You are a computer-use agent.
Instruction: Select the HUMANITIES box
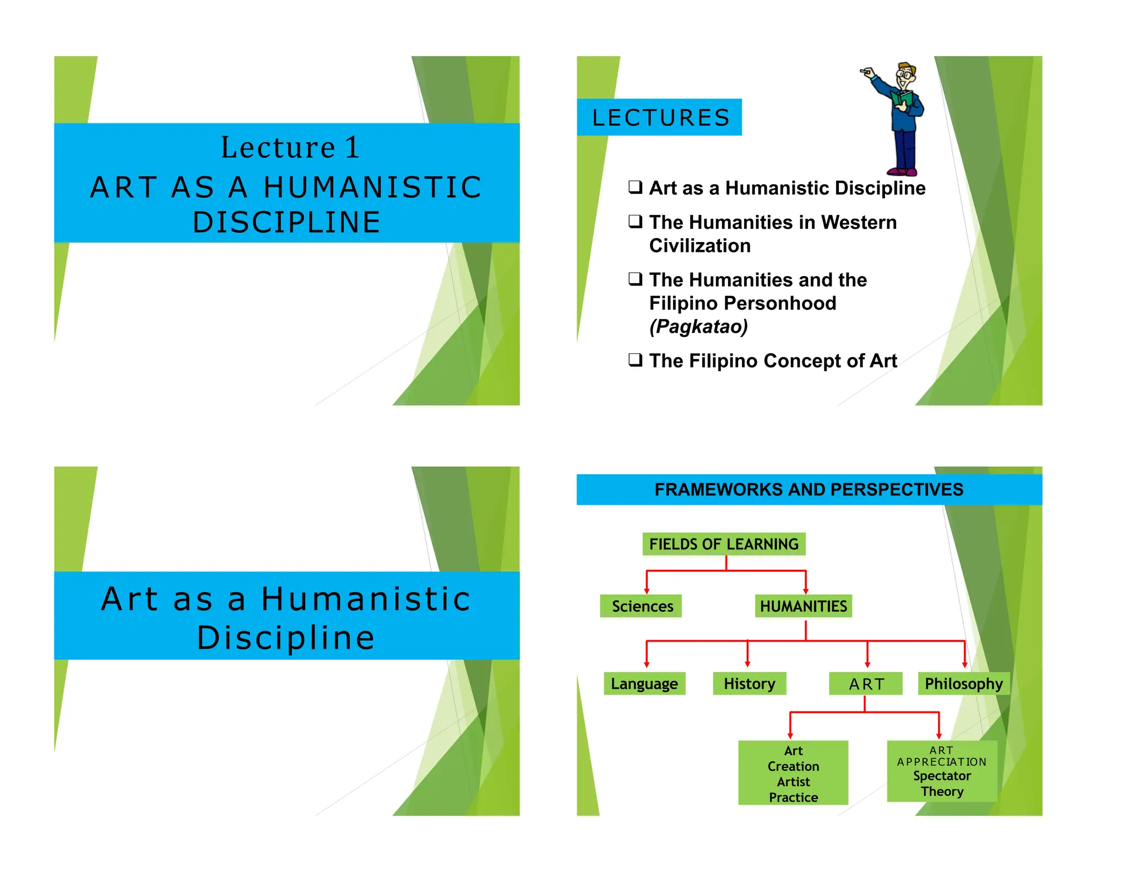[803, 606]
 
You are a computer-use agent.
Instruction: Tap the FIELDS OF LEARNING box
[724, 544]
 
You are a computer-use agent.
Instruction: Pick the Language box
[644, 683]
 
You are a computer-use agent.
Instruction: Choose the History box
[749, 683]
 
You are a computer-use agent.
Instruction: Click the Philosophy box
[963, 683]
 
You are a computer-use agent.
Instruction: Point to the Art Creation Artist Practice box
[793, 773]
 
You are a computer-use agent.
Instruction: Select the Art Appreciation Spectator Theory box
[942, 771]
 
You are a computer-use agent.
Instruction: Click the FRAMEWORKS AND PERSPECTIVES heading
[809, 489]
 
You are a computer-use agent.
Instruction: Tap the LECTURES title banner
[660, 117]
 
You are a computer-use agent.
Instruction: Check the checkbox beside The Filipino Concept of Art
[636, 360]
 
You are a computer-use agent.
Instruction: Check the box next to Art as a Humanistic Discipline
[636, 187]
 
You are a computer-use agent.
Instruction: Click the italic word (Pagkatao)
[698, 326]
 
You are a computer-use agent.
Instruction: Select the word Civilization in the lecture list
[699, 246]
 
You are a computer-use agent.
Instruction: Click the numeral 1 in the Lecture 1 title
[351, 148]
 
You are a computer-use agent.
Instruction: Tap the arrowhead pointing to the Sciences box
[647, 590]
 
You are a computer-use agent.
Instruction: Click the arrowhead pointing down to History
[747, 664]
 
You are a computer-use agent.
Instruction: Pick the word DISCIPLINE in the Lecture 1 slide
[286, 222]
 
